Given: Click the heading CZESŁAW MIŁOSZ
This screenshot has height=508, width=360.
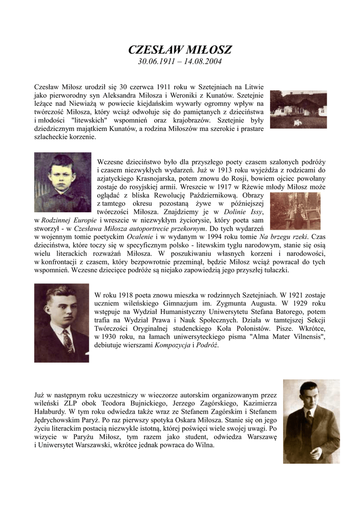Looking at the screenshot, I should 180,50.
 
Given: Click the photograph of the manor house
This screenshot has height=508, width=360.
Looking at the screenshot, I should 298,109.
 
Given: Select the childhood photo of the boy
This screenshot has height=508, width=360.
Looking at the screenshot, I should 63,182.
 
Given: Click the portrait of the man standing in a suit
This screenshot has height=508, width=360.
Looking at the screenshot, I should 311,421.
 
